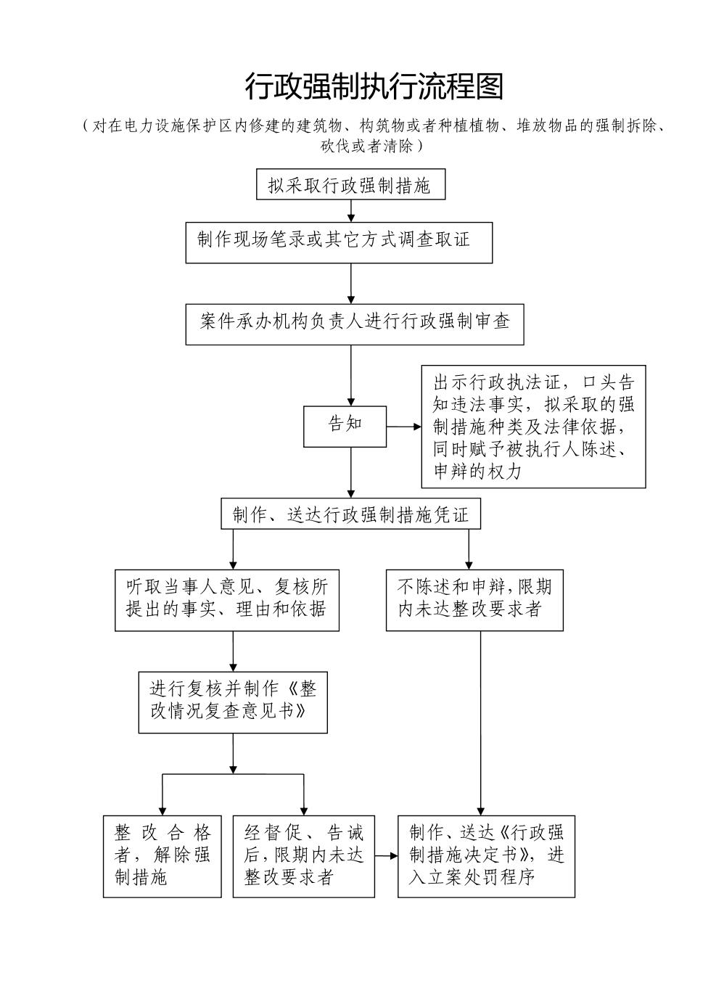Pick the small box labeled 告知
point(345,426)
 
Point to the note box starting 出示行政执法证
point(533,427)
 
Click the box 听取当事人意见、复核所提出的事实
point(226,599)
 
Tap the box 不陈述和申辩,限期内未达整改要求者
point(474,599)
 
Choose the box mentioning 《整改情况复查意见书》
point(233,702)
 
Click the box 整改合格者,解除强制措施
point(162,856)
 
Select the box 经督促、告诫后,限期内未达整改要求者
point(303,856)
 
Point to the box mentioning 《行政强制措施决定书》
point(486,856)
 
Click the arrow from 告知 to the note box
point(403,427)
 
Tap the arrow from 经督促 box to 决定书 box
point(386,856)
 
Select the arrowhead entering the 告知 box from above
point(351,401)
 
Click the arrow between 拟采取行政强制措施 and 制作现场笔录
point(351,210)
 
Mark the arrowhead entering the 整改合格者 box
point(162,810)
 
